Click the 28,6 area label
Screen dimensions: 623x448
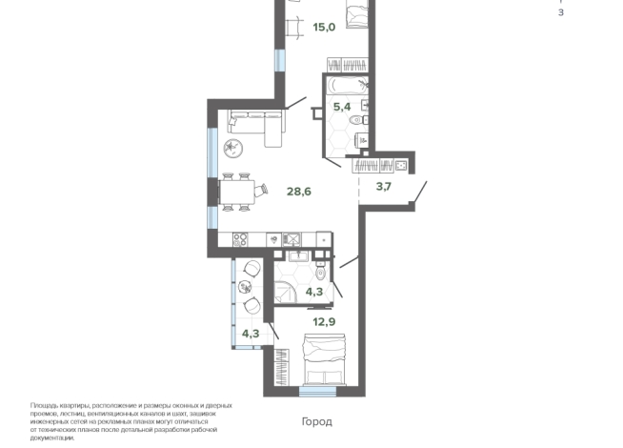pyautogui.click(x=299, y=192)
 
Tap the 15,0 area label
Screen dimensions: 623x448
pyautogui.click(x=324, y=27)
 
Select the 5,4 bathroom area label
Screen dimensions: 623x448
pyautogui.click(x=342, y=107)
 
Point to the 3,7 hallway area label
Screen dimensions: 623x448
pyautogui.click(x=383, y=186)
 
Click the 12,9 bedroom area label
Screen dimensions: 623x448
pyautogui.click(x=324, y=321)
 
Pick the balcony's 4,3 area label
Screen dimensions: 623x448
pyautogui.click(x=251, y=334)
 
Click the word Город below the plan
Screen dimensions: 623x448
pyautogui.click(x=316, y=421)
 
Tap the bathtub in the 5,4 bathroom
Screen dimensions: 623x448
pyautogui.click(x=347, y=86)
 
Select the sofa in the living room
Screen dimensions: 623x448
pyautogui.click(x=256, y=128)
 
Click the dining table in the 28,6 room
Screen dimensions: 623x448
pyautogui.click(x=237, y=193)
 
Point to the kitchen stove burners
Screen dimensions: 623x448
pyautogui.click(x=240, y=239)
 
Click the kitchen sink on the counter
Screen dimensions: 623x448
pyautogui.click(x=291, y=239)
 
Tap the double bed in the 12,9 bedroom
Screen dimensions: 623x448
pyautogui.click(x=325, y=359)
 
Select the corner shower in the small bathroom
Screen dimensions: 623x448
pyautogui.click(x=285, y=292)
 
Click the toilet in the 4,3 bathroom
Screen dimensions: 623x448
pyautogui.click(x=321, y=271)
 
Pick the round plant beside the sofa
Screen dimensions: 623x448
pyautogui.click(x=232, y=148)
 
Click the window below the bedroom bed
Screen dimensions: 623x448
pyautogui.click(x=317, y=391)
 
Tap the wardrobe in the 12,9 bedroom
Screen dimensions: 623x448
pyautogui.click(x=282, y=367)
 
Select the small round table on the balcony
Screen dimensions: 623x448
pyautogui.click(x=245, y=287)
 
